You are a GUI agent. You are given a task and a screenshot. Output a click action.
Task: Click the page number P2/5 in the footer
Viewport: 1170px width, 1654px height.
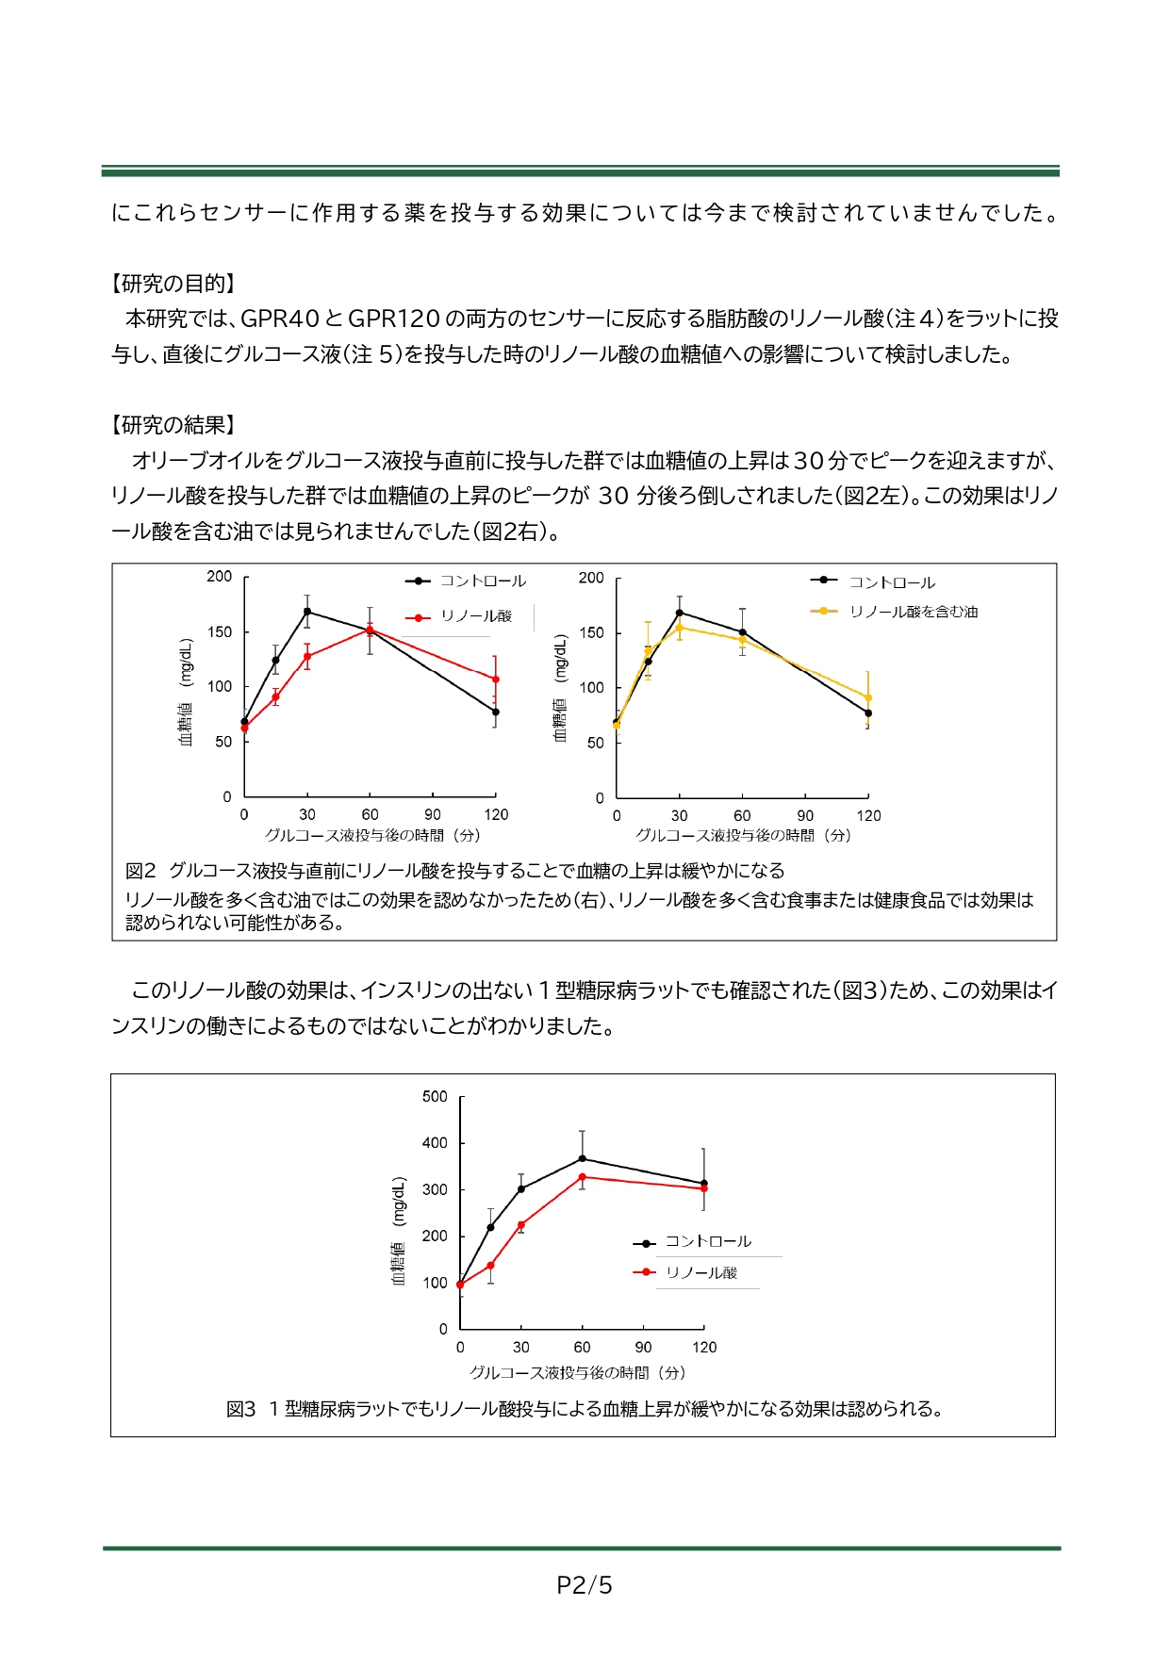pyautogui.click(x=585, y=1585)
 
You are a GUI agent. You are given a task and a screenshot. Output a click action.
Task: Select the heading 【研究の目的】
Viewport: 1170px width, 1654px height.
pyautogui.click(x=173, y=284)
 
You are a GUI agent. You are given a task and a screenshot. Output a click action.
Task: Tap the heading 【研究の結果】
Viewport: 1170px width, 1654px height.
pyautogui.click(x=173, y=425)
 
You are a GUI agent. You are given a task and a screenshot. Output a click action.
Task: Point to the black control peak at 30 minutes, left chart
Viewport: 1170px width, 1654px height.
pyautogui.click(x=307, y=612)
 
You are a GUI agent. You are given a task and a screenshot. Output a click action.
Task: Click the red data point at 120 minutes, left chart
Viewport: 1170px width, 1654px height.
pyautogui.click(x=496, y=680)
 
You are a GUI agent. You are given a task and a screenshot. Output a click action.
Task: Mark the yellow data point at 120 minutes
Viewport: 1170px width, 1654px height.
pyautogui.click(x=868, y=698)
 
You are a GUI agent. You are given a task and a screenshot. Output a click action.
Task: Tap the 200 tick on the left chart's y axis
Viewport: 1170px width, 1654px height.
pyautogui.click(x=220, y=577)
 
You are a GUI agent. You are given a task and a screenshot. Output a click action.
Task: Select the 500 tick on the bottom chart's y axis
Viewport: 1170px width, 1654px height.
pyautogui.click(x=435, y=1097)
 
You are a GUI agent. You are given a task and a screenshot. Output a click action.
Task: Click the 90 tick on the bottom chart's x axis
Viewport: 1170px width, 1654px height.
pyautogui.click(x=643, y=1348)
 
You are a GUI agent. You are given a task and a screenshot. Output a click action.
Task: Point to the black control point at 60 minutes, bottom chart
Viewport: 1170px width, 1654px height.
pyautogui.click(x=583, y=1159)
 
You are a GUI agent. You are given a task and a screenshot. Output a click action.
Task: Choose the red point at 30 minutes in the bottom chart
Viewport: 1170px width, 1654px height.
pyautogui.click(x=521, y=1225)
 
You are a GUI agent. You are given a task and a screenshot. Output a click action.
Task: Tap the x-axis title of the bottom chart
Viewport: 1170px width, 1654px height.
pyautogui.click(x=578, y=1373)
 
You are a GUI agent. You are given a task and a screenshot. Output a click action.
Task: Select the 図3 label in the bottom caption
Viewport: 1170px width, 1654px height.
pyautogui.click(x=241, y=1410)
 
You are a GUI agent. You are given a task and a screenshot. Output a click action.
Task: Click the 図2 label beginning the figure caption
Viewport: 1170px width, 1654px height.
pyautogui.click(x=140, y=871)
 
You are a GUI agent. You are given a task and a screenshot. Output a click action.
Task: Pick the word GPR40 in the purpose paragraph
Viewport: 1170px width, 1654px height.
pyautogui.click(x=281, y=319)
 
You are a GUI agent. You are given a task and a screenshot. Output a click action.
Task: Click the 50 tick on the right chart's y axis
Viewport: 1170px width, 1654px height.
pyautogui.click(x=596, y=744)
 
